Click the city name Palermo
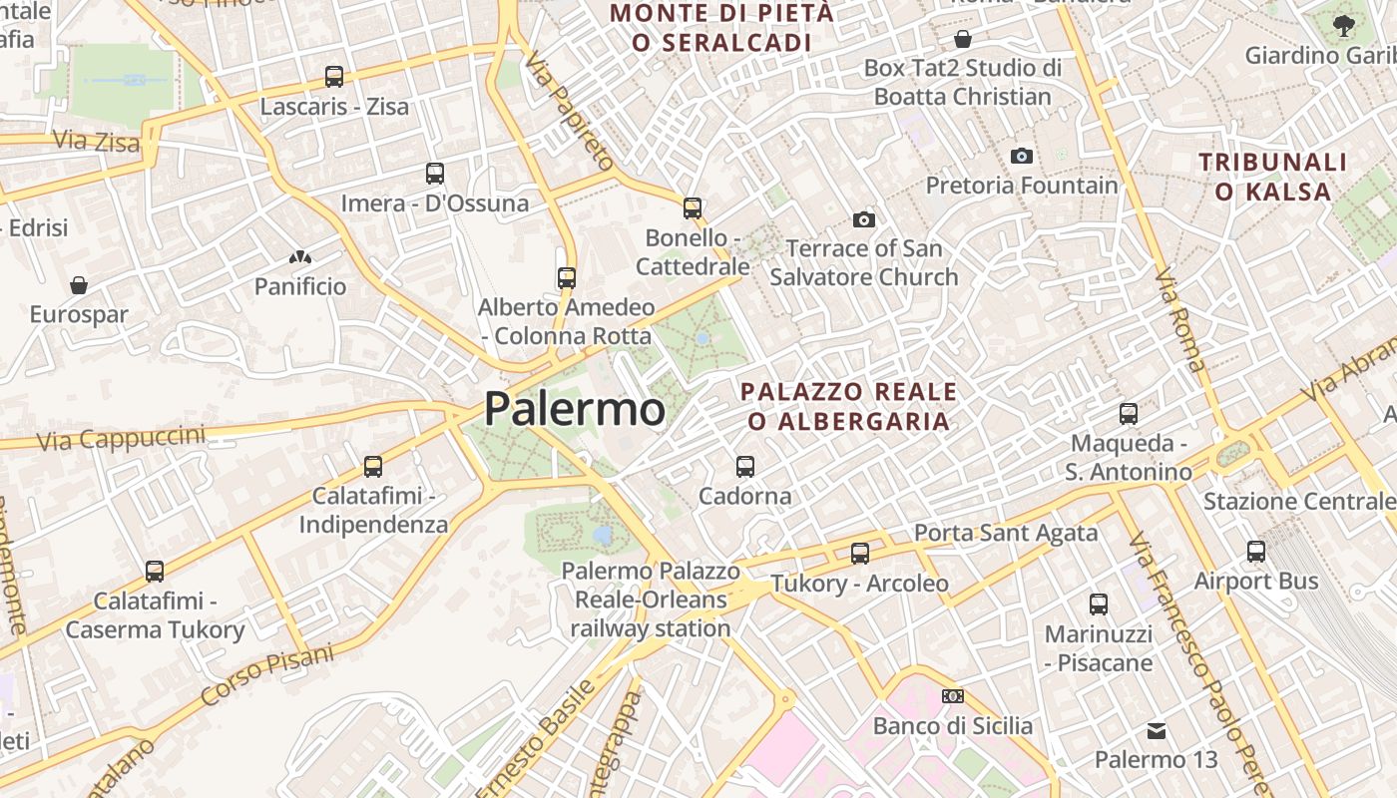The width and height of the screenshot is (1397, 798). pos(574,409)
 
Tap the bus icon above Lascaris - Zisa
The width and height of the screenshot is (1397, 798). pos(334,76)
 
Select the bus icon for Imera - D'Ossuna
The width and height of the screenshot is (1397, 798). pos(435,173)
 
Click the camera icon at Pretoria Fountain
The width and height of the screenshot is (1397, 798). pos(1021,156)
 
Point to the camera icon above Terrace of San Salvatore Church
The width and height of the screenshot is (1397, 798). pos(864,219)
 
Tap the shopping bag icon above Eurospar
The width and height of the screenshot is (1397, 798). pos(79,285)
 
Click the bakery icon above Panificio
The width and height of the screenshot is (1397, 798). pos(300,257)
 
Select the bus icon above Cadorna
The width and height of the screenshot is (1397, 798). pos(744,466)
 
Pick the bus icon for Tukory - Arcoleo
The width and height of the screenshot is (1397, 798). pos(860,553)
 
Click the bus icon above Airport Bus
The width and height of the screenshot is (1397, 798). pos(1256,551)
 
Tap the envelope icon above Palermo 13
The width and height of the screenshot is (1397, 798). pos(1157,731)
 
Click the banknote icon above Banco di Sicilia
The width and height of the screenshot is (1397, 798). pos(953,696)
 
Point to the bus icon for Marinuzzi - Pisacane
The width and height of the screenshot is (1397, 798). pos(1099,603)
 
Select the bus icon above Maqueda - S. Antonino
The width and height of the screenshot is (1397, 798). pos(1129,413)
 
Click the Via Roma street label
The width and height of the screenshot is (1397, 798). pos(1179,319)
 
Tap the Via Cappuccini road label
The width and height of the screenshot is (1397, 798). pos(121,437)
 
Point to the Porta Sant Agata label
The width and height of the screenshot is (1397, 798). pos(1006,533)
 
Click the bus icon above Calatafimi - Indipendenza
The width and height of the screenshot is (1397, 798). pos(373,466)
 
